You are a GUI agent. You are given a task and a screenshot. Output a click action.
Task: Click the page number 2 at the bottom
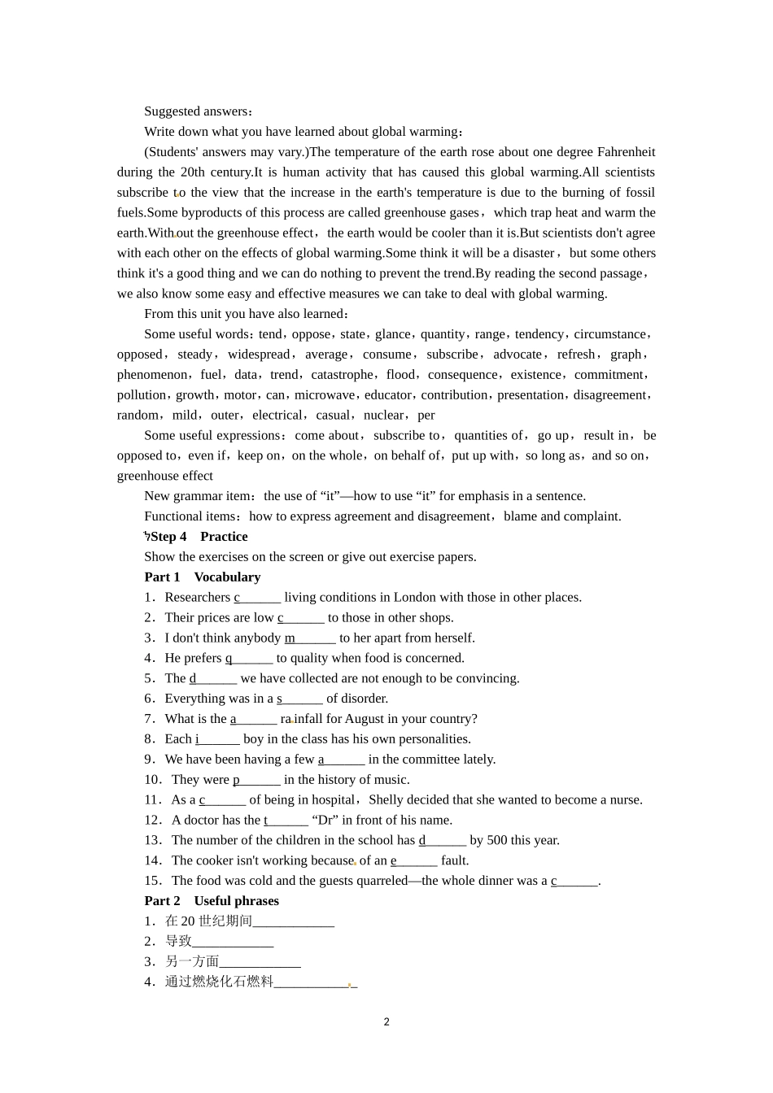[x=386, y=1022]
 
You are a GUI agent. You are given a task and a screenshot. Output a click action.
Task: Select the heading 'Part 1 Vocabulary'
[x=203, y=577]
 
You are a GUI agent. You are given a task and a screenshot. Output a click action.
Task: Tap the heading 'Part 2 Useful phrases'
[x=212, y=901]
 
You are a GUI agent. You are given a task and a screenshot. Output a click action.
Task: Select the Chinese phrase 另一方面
[x=192, y=962]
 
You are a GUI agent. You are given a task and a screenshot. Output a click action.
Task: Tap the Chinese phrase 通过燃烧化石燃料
[x=219, y=982]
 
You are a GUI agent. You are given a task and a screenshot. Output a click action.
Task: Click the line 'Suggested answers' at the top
[x=199, y=111]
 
